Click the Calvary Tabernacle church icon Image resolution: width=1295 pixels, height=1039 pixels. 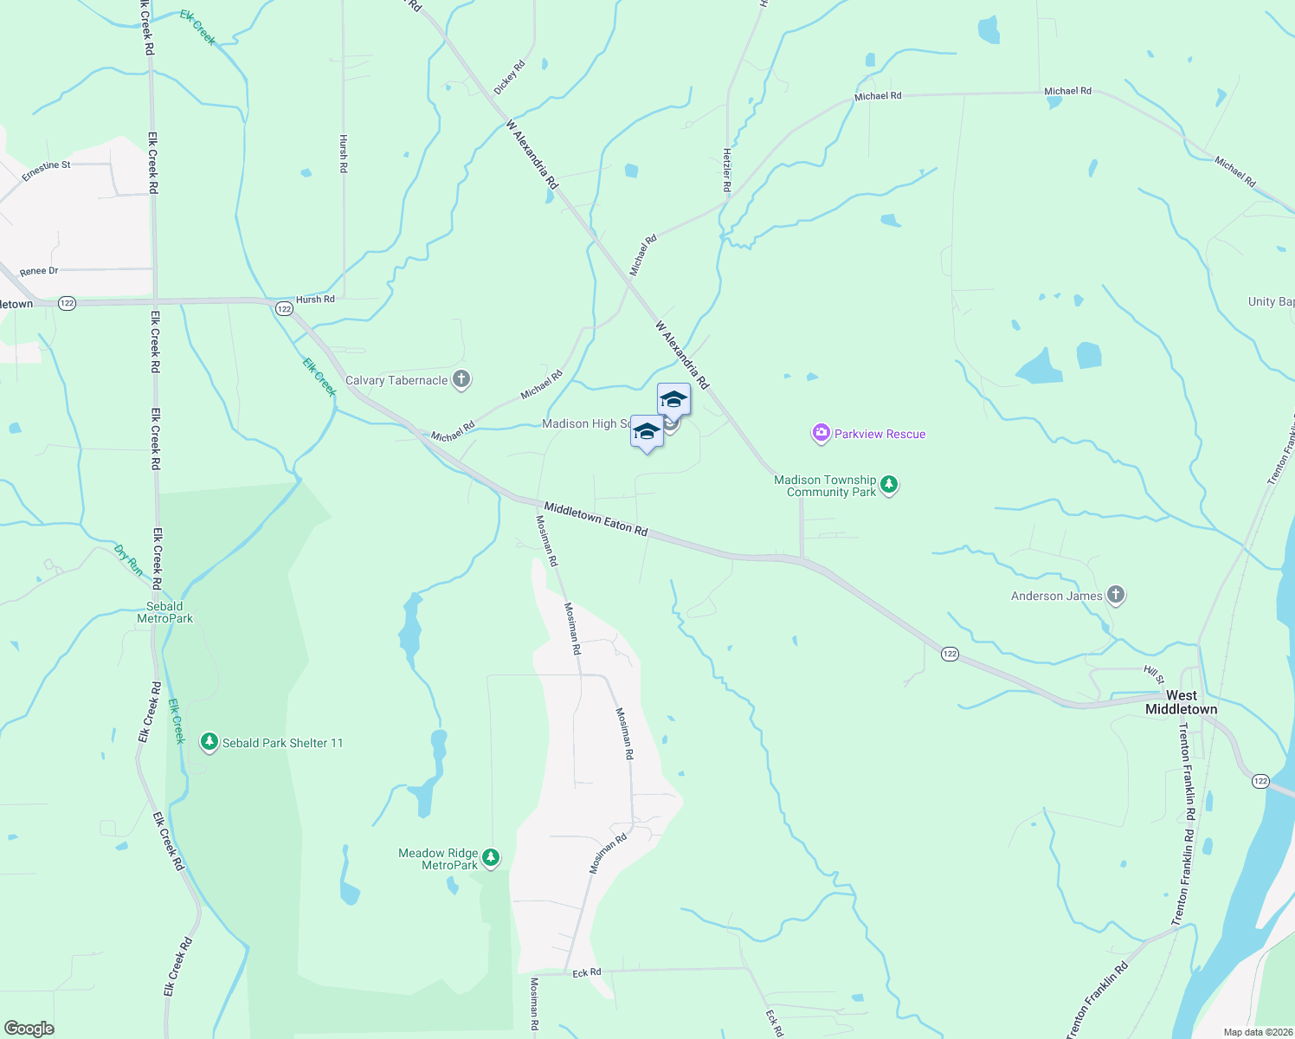point(461,379)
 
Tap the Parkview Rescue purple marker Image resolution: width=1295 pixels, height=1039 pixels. point(821,434)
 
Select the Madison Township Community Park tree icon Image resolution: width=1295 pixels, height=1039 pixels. point(889,486)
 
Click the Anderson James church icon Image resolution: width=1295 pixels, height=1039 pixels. point(1116,595)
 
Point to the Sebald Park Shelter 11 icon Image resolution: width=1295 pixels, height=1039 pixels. point(209,742)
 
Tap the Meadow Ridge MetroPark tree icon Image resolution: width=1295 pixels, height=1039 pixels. point(491,858)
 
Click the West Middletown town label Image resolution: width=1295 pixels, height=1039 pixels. point(1181,702)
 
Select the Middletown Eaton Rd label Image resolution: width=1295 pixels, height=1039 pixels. point(596,518)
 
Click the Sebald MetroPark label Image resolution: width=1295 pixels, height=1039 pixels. point(164,612)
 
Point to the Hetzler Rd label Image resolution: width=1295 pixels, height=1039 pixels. point(726,170)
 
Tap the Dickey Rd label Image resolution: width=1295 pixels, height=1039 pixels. point(509,78)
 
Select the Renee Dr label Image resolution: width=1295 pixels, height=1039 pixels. point(39,271)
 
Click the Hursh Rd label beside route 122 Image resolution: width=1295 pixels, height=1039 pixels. point(315,300)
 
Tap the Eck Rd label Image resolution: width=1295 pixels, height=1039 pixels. point(587,973)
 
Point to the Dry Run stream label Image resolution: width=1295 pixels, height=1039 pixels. point(129,560)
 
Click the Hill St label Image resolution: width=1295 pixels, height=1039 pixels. point(1154,674)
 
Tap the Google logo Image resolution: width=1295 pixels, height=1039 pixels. point(29,1029)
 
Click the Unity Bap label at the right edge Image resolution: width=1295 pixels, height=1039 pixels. point(1271,301)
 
